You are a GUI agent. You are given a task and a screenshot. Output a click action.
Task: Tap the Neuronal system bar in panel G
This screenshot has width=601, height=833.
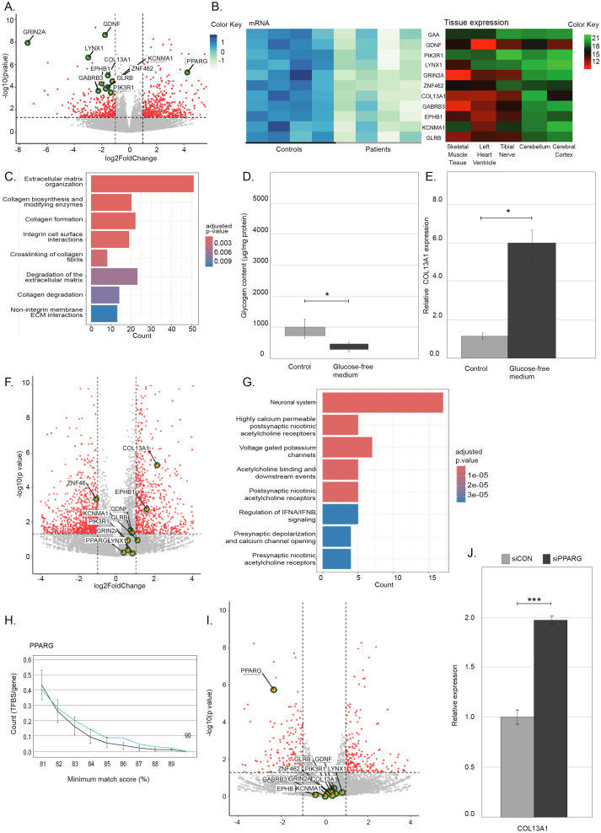point(382,403)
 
